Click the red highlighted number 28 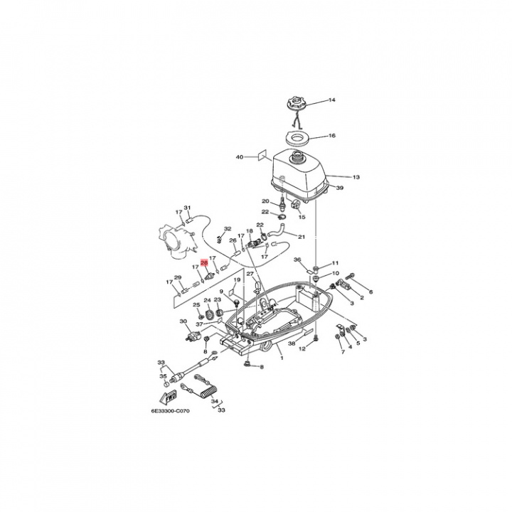click(205, 262)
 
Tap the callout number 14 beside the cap click(331, 101)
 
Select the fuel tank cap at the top click(296, 104)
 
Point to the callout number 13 click(356, 177)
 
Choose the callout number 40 click(240, 156)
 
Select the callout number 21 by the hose click(302, 237)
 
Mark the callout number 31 click(188, 208)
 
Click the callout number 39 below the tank click(340, 188)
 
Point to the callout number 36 click(297, 260)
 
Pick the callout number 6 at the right click(370, 292)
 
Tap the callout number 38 click(292, 343)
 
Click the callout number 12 click(302, 349)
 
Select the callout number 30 click(183, 321)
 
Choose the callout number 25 click(197, 305)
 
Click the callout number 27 click(250, 274)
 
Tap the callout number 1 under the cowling click(281, 358)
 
